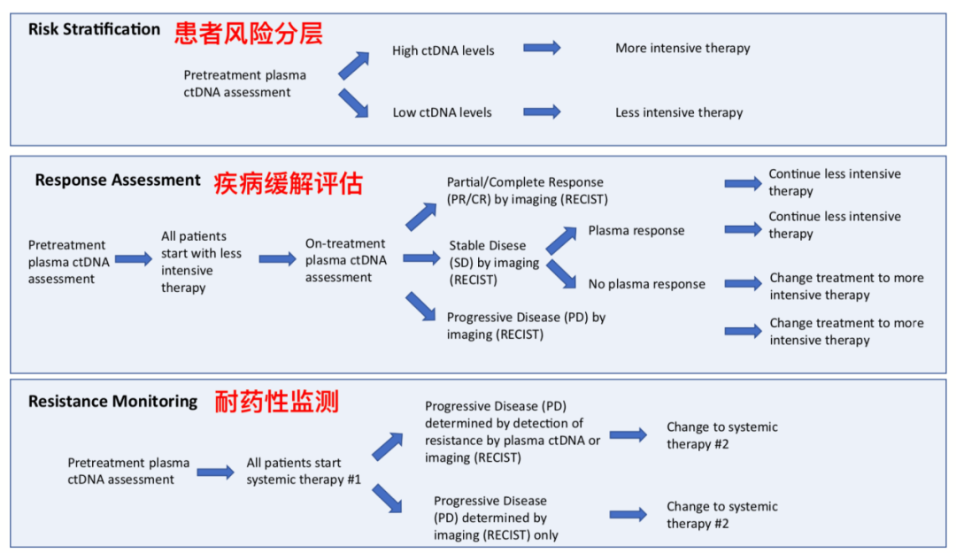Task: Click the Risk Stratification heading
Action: tap(94, 29)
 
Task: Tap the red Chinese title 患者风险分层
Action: tap(248, 33)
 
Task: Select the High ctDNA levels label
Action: tap(443, 50)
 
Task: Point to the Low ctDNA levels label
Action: tap(442, 112)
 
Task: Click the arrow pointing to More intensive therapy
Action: tap(542, 48)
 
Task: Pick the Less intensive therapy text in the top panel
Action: tap(679, 112)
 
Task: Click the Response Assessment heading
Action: tap(118, 180)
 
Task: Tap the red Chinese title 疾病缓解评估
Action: tap(288, 183)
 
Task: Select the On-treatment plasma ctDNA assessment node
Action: tap(346, 260)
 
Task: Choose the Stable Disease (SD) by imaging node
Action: tap(494, 263)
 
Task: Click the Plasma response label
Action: tap(636, 231)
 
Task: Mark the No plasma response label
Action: tap(646, 284)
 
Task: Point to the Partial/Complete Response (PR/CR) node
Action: tap(527, 191)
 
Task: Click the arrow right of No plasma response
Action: tap(743, 284)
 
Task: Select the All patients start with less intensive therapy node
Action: tap(201, 262)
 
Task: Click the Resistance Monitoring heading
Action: tap(112, 402)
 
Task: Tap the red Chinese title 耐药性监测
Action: tap(276, 403)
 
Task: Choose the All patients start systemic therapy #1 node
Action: tap(294, 471)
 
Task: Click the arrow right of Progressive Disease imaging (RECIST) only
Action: tap(628, 514)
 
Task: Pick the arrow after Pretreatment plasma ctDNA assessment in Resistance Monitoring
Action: tap(215, 472)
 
